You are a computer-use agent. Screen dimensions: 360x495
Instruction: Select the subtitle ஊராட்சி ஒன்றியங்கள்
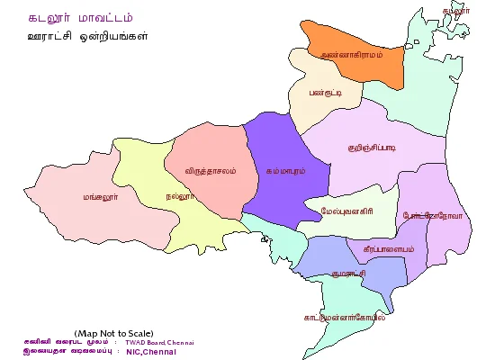tap(87, 37)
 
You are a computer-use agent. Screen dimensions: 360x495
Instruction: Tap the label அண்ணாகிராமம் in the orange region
tap(352, 55)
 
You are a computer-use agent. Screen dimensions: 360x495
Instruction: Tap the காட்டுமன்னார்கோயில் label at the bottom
tap(345, 317)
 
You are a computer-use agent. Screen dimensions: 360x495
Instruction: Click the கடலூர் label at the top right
tap(455, 10)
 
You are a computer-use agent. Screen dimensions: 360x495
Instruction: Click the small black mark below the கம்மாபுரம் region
tap(263, 240)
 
